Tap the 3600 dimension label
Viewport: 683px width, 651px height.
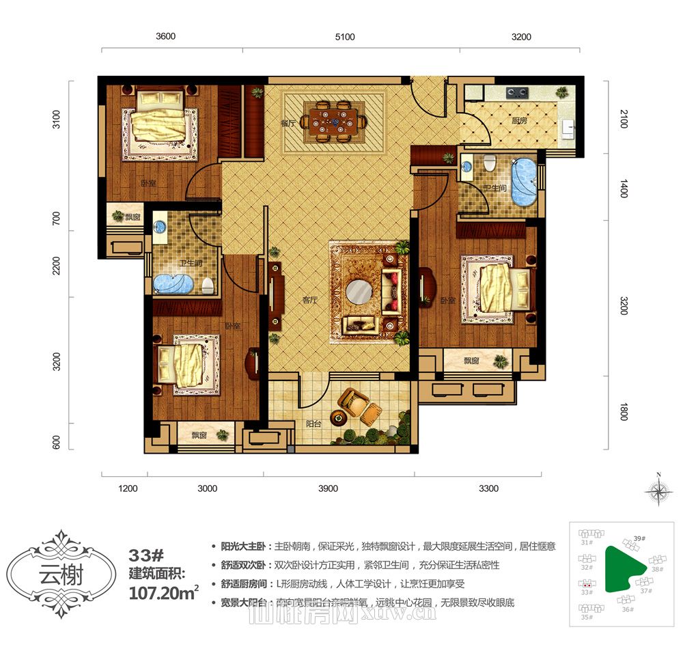click(x=165, y=37)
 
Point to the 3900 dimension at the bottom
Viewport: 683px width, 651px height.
click(x=328, y=488)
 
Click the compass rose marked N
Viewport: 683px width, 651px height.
click(x=658, y=490)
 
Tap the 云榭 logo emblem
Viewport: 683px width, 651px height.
click(x=61, y=574)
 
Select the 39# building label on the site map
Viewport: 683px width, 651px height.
click(x=639, y=538)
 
